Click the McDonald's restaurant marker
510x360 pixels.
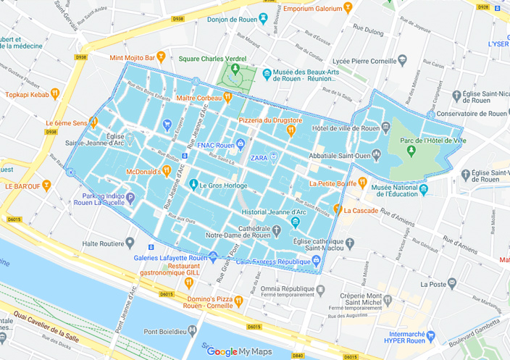167,171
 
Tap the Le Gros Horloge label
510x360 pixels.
221,185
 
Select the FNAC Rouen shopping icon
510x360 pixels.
241,145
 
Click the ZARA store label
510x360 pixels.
259,156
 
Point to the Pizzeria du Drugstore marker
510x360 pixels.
290,130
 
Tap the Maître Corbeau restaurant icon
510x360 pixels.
227,98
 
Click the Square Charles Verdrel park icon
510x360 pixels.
233,72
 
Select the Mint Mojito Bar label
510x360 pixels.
131,56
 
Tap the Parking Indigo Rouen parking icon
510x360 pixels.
130,197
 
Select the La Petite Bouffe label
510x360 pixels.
333,183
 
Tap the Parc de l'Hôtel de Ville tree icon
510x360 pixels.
411,150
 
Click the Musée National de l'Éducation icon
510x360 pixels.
424,190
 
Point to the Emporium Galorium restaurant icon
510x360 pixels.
348,8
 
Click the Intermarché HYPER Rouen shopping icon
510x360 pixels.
432,335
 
